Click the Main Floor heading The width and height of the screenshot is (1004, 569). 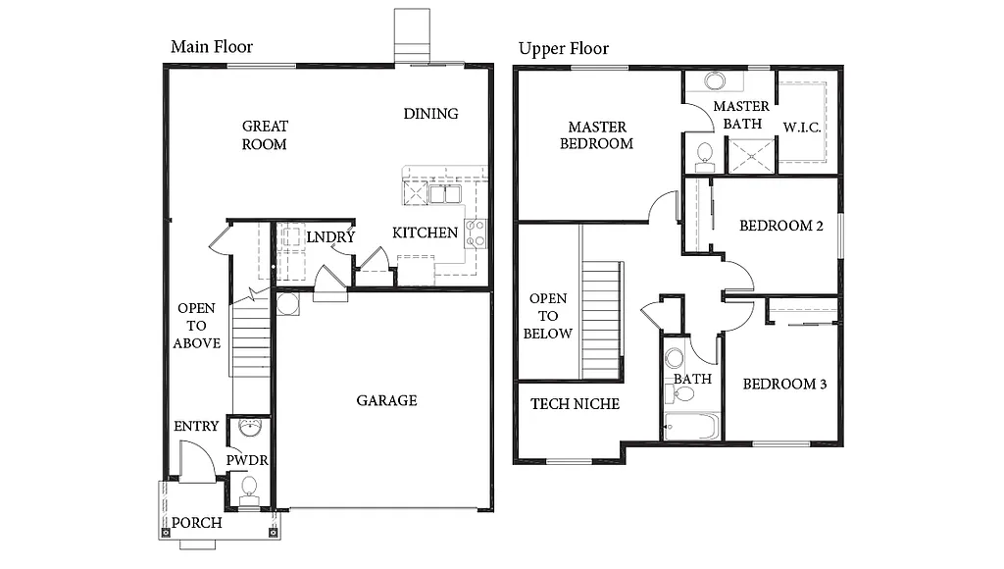[212, 47]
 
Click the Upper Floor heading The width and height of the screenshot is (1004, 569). [564, 49]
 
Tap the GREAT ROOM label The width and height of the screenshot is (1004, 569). [265, 135]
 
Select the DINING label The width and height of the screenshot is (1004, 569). [430, 114]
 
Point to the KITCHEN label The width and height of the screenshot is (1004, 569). [425, 233]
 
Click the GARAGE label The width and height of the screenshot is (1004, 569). [386, 400]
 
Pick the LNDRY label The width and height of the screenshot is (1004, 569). [329, 237]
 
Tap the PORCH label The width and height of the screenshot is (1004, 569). [197, 523]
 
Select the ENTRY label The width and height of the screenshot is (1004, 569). [196, 427]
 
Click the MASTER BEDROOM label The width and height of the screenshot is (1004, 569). [596, 135]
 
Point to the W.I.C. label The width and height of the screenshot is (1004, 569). [801, 127]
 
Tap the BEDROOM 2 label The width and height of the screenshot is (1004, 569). [780, 226]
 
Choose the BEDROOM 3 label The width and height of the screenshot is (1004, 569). [783, 384]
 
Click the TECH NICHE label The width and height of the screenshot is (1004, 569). [575, 403]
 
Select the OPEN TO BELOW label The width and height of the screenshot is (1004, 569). [548, 316]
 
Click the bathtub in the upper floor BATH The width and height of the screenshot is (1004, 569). [691, 426]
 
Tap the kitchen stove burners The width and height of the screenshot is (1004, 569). [476, 233]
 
